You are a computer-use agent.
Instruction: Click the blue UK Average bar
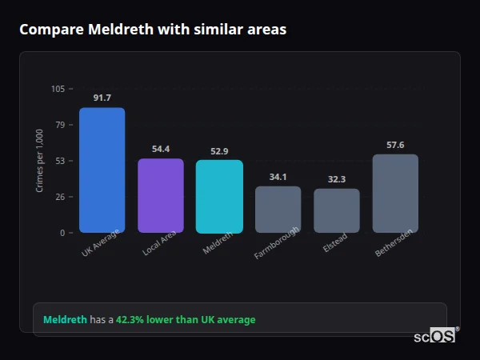(x=102, y=170)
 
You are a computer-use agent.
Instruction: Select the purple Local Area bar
(x=161, y=196)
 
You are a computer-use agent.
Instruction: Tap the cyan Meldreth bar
(x=219, y=197)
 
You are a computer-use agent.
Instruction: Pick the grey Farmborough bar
(x=278, y=210)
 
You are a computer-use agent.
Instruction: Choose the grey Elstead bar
(x=337, y=211)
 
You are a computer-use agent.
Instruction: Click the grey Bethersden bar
(x=395, y=194)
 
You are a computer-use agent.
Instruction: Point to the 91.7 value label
(x=102, y=98)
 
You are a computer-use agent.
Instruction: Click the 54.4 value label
(x=161, y=149)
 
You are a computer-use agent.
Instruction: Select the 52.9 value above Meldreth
(x=219, y=151)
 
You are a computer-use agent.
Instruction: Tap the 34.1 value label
(x=278, y=177)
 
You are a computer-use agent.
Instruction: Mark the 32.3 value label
(x=337, y=179)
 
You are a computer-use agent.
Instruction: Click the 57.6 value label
(x=395, y=145)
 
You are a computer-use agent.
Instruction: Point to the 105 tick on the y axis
(x=58, y=89)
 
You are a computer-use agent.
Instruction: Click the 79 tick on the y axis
(x=60, y=125)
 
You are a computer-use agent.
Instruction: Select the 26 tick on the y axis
(x=60, y=197)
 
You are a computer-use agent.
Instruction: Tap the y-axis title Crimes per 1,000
(x=39, y=161)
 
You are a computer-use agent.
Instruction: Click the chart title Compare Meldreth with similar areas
(x=153, y=30)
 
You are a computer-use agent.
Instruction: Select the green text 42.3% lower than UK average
(x=186, y=320)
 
